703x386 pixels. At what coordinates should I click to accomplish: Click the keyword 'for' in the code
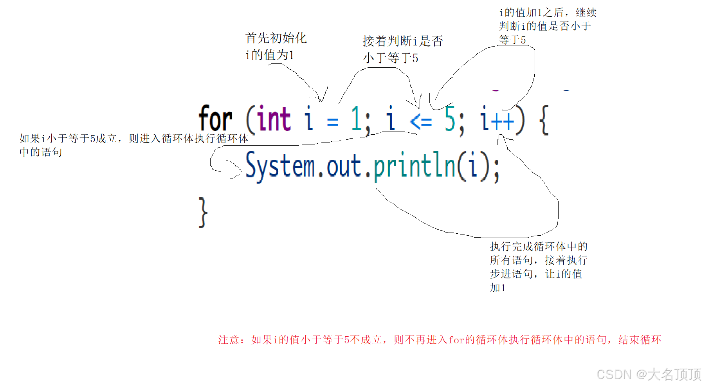(215, 119)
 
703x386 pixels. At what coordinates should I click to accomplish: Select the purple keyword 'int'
(274, 119)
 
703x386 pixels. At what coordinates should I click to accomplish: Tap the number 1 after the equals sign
(355, 119)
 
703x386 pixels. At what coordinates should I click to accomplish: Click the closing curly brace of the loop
(203, 212)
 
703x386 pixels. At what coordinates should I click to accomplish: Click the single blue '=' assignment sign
(333, 121)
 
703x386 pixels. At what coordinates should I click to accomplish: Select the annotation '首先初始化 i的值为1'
(276, 46)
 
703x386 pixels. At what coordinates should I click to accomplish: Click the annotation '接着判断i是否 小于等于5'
(402, 49)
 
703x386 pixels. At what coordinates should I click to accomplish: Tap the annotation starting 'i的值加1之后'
(547, 26)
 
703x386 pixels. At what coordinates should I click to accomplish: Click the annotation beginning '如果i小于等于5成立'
(133, 145)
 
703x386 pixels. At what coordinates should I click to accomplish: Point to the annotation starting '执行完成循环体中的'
(538, 267)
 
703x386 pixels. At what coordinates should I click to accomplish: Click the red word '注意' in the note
(229, 339)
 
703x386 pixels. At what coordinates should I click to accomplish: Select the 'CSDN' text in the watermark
(614, 374)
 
